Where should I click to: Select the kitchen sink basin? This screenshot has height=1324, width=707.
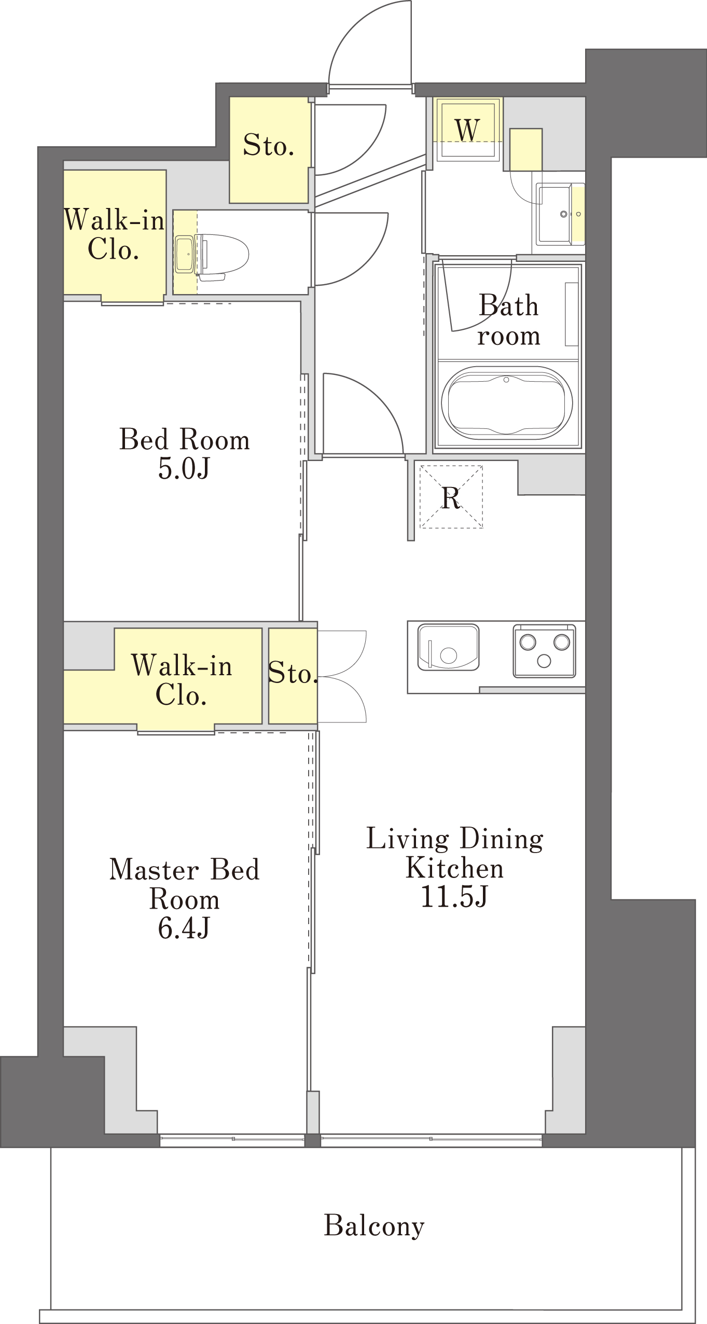(x=448, y=647)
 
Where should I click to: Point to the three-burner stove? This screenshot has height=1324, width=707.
(x=544, y=651)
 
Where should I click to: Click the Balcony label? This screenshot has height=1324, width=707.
(x=374, y=1226)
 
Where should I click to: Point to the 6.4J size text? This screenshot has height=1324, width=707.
(x=184, y=928)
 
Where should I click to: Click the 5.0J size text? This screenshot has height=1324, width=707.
(x=184, y=468)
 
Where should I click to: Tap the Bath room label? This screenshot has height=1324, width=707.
(x=508, y=320)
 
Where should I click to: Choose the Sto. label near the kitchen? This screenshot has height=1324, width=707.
(x=293, y=673)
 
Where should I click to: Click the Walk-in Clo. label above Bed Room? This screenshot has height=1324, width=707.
(x=114, y=234)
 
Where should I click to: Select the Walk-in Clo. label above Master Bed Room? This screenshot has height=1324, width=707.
(x=182, y=680)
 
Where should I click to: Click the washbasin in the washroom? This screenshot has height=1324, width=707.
(x=555, y=214)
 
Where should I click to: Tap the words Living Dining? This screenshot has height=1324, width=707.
(x=455, y=839)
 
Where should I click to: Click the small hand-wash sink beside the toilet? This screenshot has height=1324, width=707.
(x=185, y=254)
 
